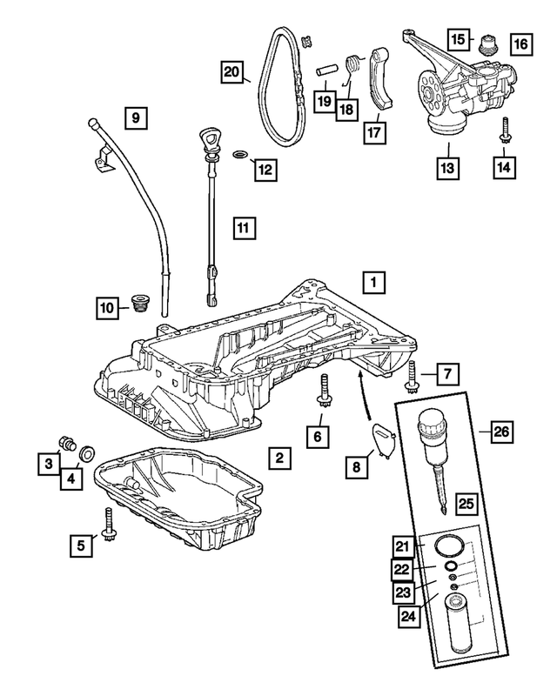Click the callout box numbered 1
372,282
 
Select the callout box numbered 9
136,114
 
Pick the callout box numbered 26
501,430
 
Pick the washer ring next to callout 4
87,454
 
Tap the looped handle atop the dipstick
208,139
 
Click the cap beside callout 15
487,44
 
